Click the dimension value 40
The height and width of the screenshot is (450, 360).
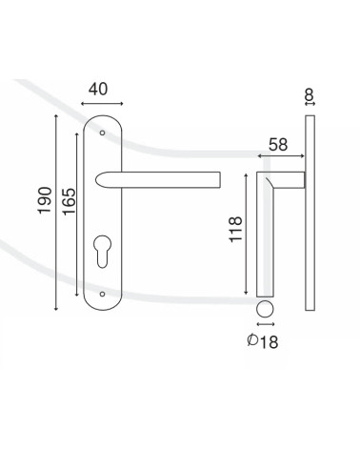pyautogui.click(x=98, y=90)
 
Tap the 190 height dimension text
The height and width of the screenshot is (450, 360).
pyautogui.click(x=45, y=200)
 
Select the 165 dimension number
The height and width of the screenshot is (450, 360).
pyautogui.click(x=69, y=201)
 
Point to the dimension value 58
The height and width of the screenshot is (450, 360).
pyautogui.click(x=278, y=145)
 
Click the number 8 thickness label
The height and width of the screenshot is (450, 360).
pyautogui.click(x=309, y=94)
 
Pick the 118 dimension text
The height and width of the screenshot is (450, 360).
pyautogui.click(x=236, y=230)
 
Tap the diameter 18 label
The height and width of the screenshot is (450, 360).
pyautogui.click(x=263, y=341)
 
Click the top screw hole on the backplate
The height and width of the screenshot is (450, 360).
pyautogui.click(x=102, y=133)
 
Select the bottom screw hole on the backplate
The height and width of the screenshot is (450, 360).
pyautogui.click(x=102, y=294)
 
